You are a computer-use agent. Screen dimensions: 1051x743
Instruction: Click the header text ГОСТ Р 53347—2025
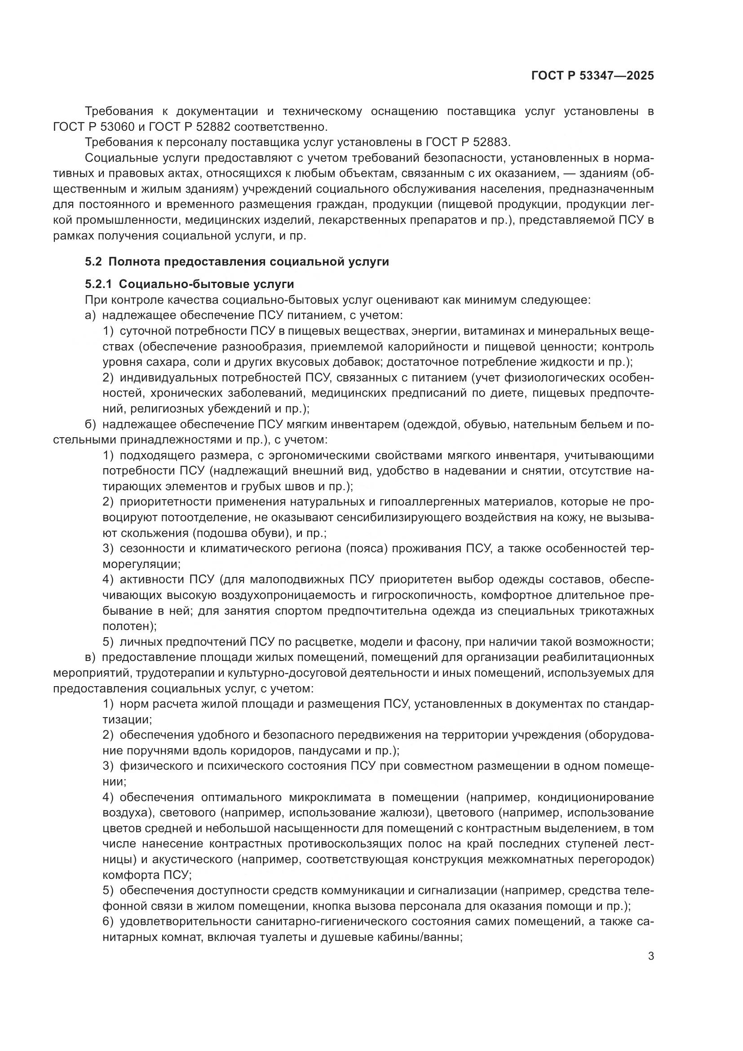(593, 76)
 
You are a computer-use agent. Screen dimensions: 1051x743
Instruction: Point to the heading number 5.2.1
(98, 284)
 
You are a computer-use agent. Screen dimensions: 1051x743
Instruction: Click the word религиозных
(171, 409)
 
